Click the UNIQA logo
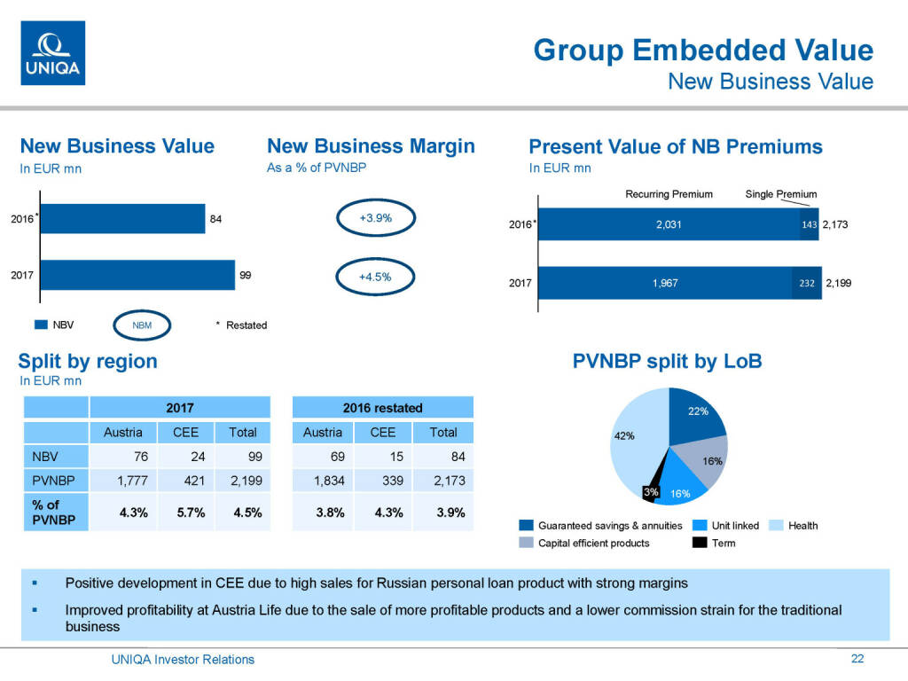click(x=52, y=53)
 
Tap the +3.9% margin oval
click(x=375, y=217)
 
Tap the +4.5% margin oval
click(x=375, y=276)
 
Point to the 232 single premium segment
click(x=806, y=283)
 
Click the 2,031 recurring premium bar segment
click(x=669, y=224)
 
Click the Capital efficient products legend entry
click(x=593, y=543)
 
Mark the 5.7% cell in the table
click(x=186, y=513)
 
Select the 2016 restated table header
click(x=382, y=408)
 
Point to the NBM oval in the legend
click(x=142, y=325)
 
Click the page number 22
click(x=857, y=658)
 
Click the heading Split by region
click(x=88, y=361)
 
